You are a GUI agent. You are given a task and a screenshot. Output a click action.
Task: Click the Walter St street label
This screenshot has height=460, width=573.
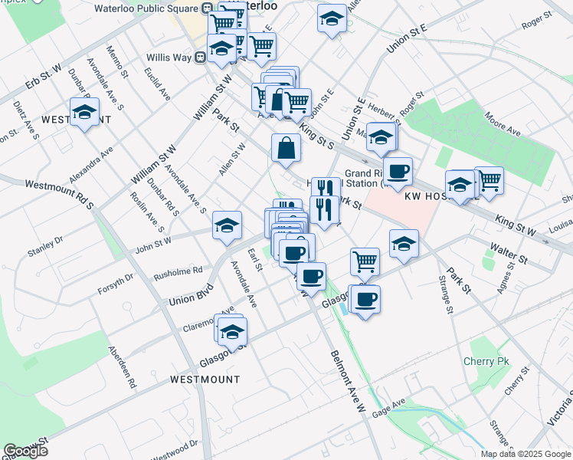(x=509, y=255)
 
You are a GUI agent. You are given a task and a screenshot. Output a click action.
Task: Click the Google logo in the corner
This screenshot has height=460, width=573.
(x=25, y=451)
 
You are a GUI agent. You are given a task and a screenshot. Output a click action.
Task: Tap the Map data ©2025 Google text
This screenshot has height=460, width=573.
(x=526, y=454)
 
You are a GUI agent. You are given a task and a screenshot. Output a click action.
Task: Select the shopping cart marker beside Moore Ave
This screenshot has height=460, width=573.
(x=489, y=180)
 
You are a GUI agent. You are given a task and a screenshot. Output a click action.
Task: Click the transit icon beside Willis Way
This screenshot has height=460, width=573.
(x=199, y=57)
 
